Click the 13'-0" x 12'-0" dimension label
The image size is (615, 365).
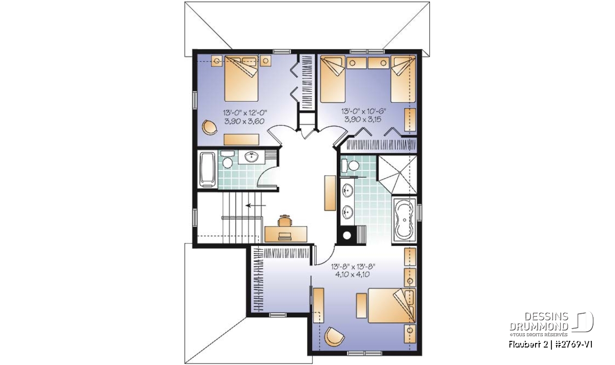[x=245, y=112]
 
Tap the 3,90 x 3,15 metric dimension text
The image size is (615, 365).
[x=363, y=120]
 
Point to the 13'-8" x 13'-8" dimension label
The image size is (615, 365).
[x=353, y=266]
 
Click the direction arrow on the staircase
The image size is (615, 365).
[x=256, y=205]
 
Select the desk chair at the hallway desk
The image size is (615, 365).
[x=285, y=221]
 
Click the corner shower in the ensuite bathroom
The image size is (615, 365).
[x=397, y=175]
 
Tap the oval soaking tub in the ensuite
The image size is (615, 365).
[x=404, y=220]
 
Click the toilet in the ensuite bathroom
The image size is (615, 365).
[x=351, y=166]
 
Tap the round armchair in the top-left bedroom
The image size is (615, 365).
[x=209, y=127]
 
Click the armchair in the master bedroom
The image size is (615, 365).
[x=334, y=336]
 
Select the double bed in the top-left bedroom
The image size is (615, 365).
[x=241, y=79]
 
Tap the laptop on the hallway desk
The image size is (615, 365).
[x=285, y=236]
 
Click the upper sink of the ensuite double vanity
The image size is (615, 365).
[x=347, y=190]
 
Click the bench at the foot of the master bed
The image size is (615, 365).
[x=361, y=305]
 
